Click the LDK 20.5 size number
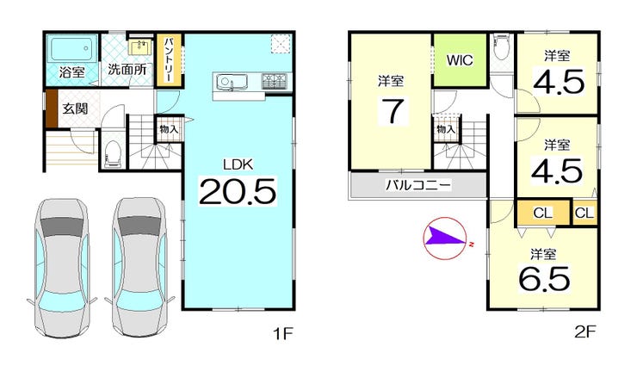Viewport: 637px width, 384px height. pos(238,191)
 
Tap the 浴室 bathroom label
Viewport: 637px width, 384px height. pos(72,72)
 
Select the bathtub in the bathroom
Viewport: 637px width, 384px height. pos(72,48)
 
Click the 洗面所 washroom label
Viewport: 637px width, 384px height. pos(127,70)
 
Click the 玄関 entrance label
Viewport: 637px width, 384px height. pos(75,108)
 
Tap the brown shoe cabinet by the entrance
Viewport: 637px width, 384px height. pos(52,108)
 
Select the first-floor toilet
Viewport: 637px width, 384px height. pos(113,153)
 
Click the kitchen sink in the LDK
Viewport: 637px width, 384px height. pos(226,83)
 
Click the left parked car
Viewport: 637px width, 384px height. pos(62,268)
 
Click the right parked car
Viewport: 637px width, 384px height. pos(139,267)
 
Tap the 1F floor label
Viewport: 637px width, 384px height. pos(282,333)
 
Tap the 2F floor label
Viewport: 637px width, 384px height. pos(585,332)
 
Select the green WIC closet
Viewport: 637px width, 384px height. pos(460,60)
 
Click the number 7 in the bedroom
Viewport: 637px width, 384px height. pos(393,110)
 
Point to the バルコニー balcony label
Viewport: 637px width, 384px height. pos(418,185)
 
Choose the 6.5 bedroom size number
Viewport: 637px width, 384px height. pos(544,279)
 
